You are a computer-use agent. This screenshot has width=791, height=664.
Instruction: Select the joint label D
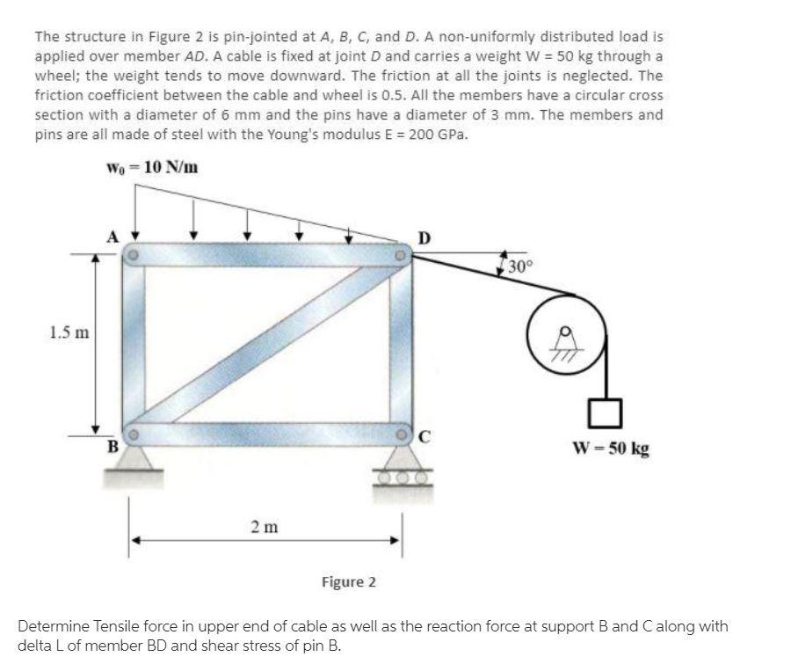pos(425,237)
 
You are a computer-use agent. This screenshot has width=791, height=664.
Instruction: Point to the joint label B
pos(112,445)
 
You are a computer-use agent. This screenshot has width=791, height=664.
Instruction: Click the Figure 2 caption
pos(349,582)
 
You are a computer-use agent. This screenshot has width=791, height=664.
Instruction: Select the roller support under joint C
pos(403,470)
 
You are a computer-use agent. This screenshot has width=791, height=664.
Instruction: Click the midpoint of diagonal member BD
pos(266,345)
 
